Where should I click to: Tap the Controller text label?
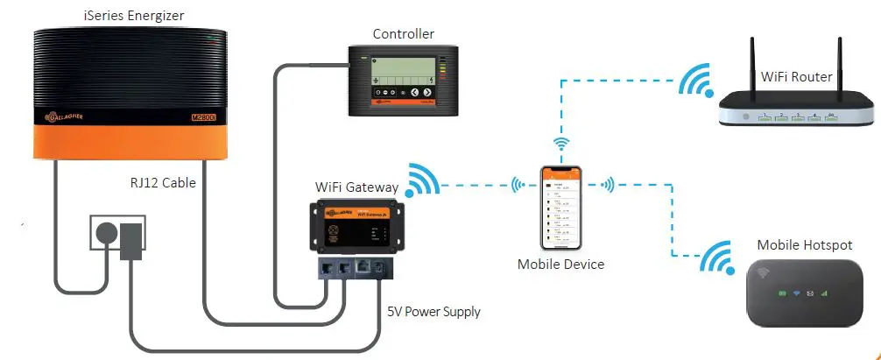[x=403, y=34]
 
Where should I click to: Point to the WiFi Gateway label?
[x=356, y=187]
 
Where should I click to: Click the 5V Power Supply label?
[x=434, y=311]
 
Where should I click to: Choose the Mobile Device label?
[x=560, y=264]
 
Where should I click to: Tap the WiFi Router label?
[x=796, y=77]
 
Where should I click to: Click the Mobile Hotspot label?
[x=804, y=245]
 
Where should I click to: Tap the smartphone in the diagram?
[x=560, y=207]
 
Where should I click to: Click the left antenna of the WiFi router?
[x=751, y=66]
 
